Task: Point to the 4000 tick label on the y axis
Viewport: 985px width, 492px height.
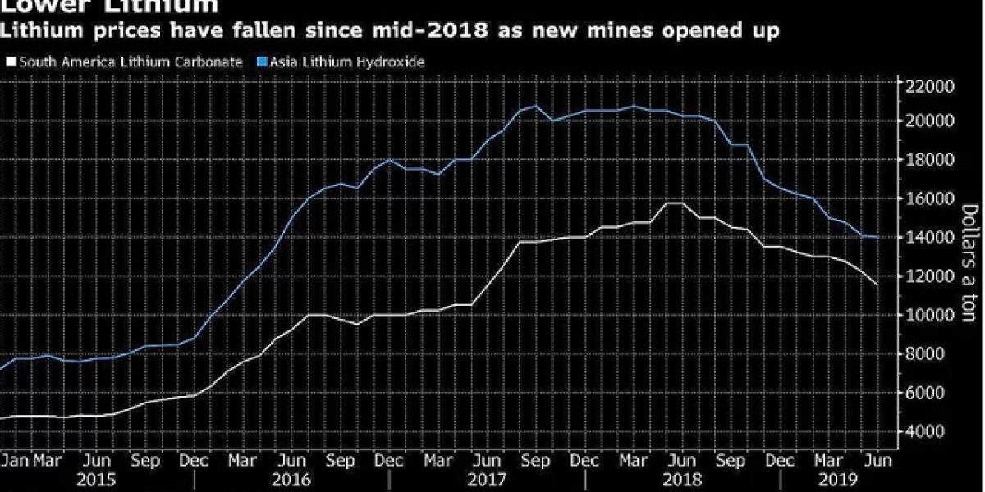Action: (x=924, y=431)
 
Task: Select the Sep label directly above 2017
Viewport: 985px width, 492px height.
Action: (x=536, y=460)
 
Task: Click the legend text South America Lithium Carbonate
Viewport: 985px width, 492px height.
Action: (x=130, y=61)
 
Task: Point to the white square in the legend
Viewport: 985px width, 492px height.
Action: (x=10, y=61)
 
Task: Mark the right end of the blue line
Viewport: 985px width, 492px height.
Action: (x=878, y=237)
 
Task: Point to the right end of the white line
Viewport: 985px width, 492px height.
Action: (x=878, y=285)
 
